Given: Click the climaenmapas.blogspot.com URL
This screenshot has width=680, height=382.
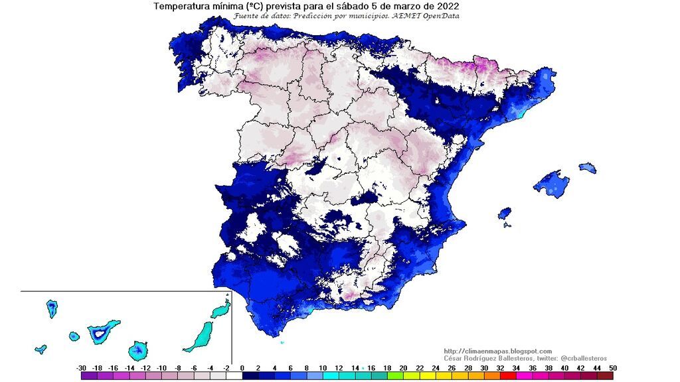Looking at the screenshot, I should coord(497,351).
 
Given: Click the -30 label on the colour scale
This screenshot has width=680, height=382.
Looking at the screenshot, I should coord(81,367).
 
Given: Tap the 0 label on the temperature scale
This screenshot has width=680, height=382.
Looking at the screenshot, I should coord(242,367).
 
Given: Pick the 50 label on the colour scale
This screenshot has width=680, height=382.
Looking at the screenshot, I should coord(612,367).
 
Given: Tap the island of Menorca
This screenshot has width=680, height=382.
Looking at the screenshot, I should coord(587,168).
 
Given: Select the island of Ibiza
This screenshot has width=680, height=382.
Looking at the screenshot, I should coord(505,214).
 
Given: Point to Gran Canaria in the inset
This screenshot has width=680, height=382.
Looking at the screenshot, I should coord(139,349).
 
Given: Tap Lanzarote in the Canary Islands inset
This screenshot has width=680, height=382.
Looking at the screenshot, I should coord(221,309).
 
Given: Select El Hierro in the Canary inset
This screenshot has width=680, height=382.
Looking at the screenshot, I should coord(41,349).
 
